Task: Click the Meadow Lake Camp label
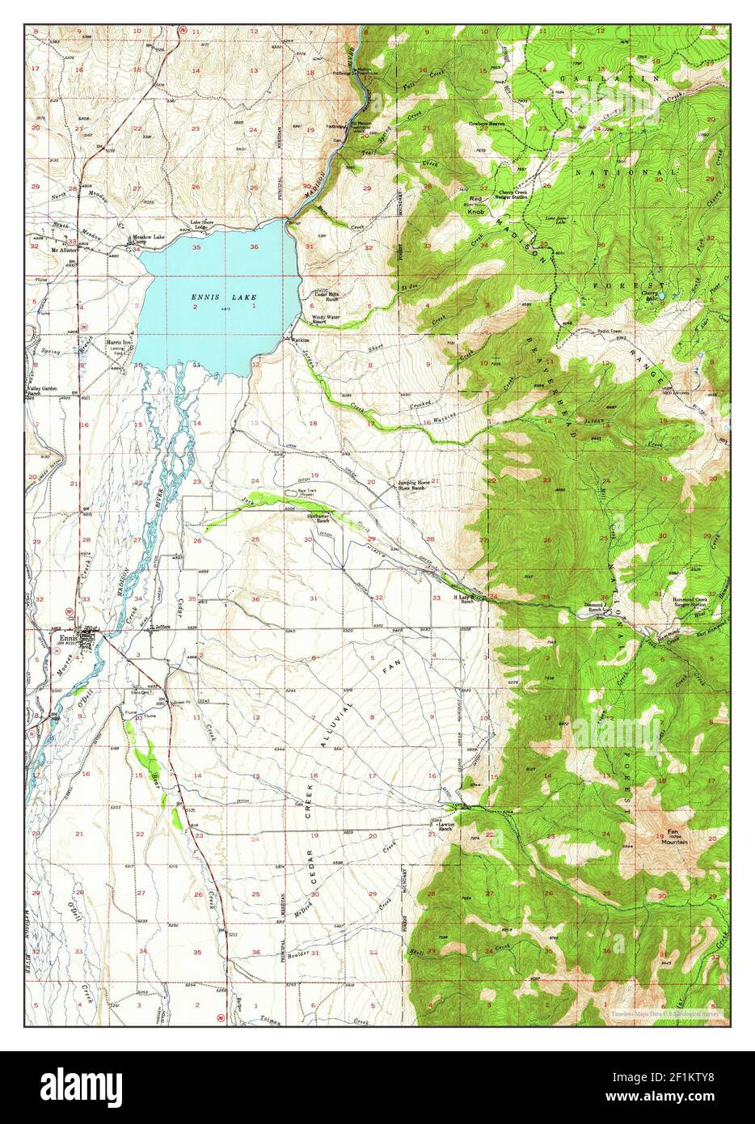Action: click(x=148, y=239)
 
